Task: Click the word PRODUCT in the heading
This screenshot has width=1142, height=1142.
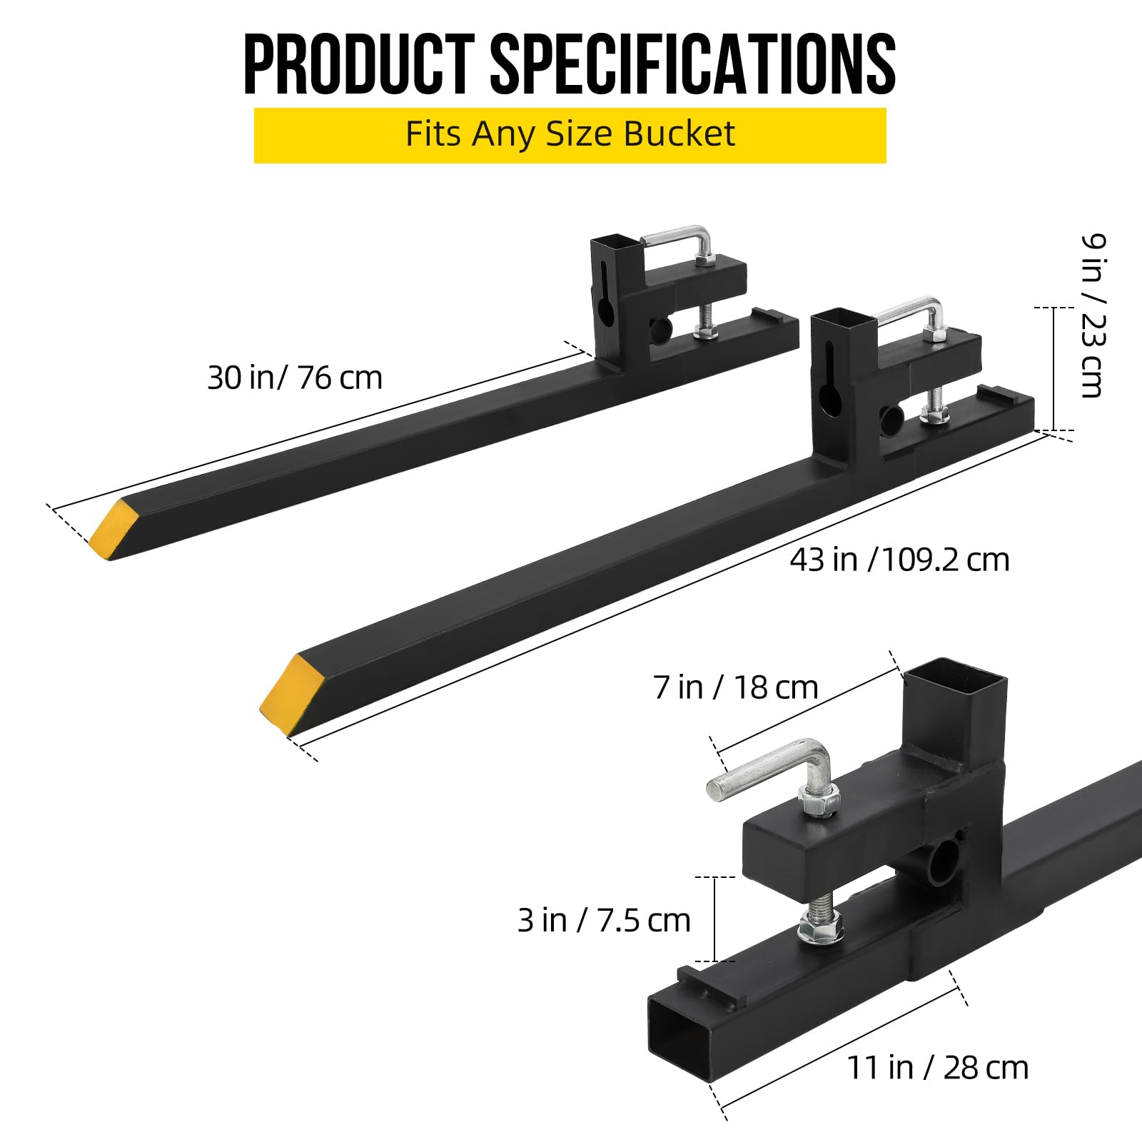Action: coord(359,64)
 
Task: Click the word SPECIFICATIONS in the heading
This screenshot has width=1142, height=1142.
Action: coord(692,64)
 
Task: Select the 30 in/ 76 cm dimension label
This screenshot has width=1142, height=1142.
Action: coord(295,378)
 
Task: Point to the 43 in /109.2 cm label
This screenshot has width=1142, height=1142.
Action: coord(899,560)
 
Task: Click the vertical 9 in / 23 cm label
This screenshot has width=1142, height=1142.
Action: coord(1092,315)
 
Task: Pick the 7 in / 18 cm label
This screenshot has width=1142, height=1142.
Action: coord(736,687)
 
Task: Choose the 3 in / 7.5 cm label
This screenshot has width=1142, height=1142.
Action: coord(604,921)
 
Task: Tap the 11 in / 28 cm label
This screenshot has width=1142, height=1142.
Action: coord(938,1068)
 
